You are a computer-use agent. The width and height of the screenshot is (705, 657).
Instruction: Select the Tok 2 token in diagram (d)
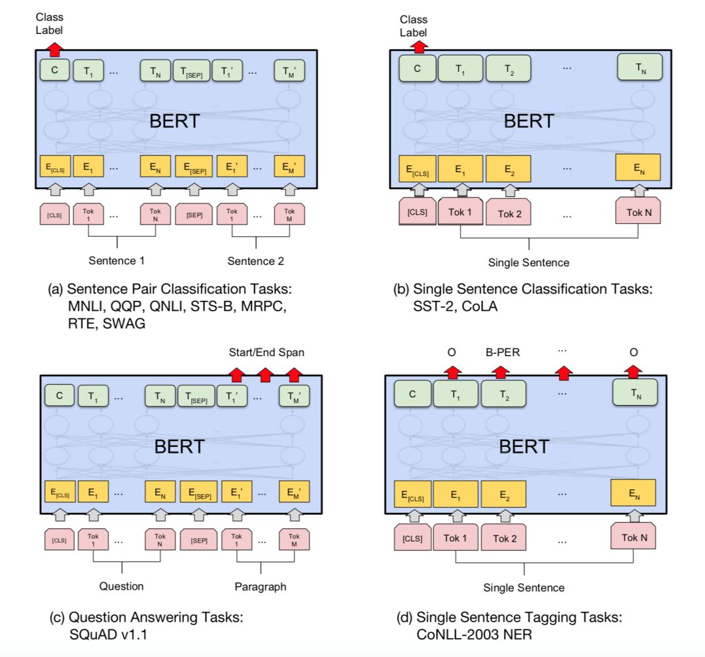(505, 538)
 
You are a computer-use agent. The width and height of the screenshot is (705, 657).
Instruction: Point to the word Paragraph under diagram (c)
(260, 587)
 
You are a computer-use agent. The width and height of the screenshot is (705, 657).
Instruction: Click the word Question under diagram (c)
(121, 586)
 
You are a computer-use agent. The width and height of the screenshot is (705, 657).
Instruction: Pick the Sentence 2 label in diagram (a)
(257, 261)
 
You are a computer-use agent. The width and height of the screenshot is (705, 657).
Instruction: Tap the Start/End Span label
(266, 352)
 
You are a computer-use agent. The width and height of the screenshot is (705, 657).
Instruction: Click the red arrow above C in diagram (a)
(55, 48)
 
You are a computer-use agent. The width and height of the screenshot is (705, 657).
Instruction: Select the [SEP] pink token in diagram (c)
(198, 540)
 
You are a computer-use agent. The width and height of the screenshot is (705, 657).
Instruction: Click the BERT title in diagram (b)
(529, 121)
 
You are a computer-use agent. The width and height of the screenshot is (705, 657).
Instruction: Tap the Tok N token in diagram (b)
(639, 212)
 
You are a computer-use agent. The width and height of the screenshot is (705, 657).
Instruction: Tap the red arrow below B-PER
(500, 371)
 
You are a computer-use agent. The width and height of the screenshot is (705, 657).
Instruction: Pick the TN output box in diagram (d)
(634, 392)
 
